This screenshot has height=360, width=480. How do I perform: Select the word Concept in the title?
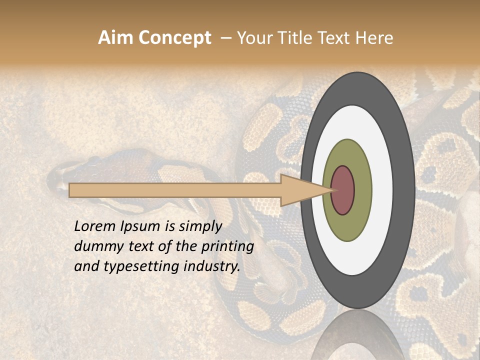(175, 38)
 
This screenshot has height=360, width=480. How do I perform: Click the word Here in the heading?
(375, 38)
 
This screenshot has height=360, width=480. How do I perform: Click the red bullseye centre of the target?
(342, 190)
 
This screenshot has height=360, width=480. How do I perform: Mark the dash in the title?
(226, 38)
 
